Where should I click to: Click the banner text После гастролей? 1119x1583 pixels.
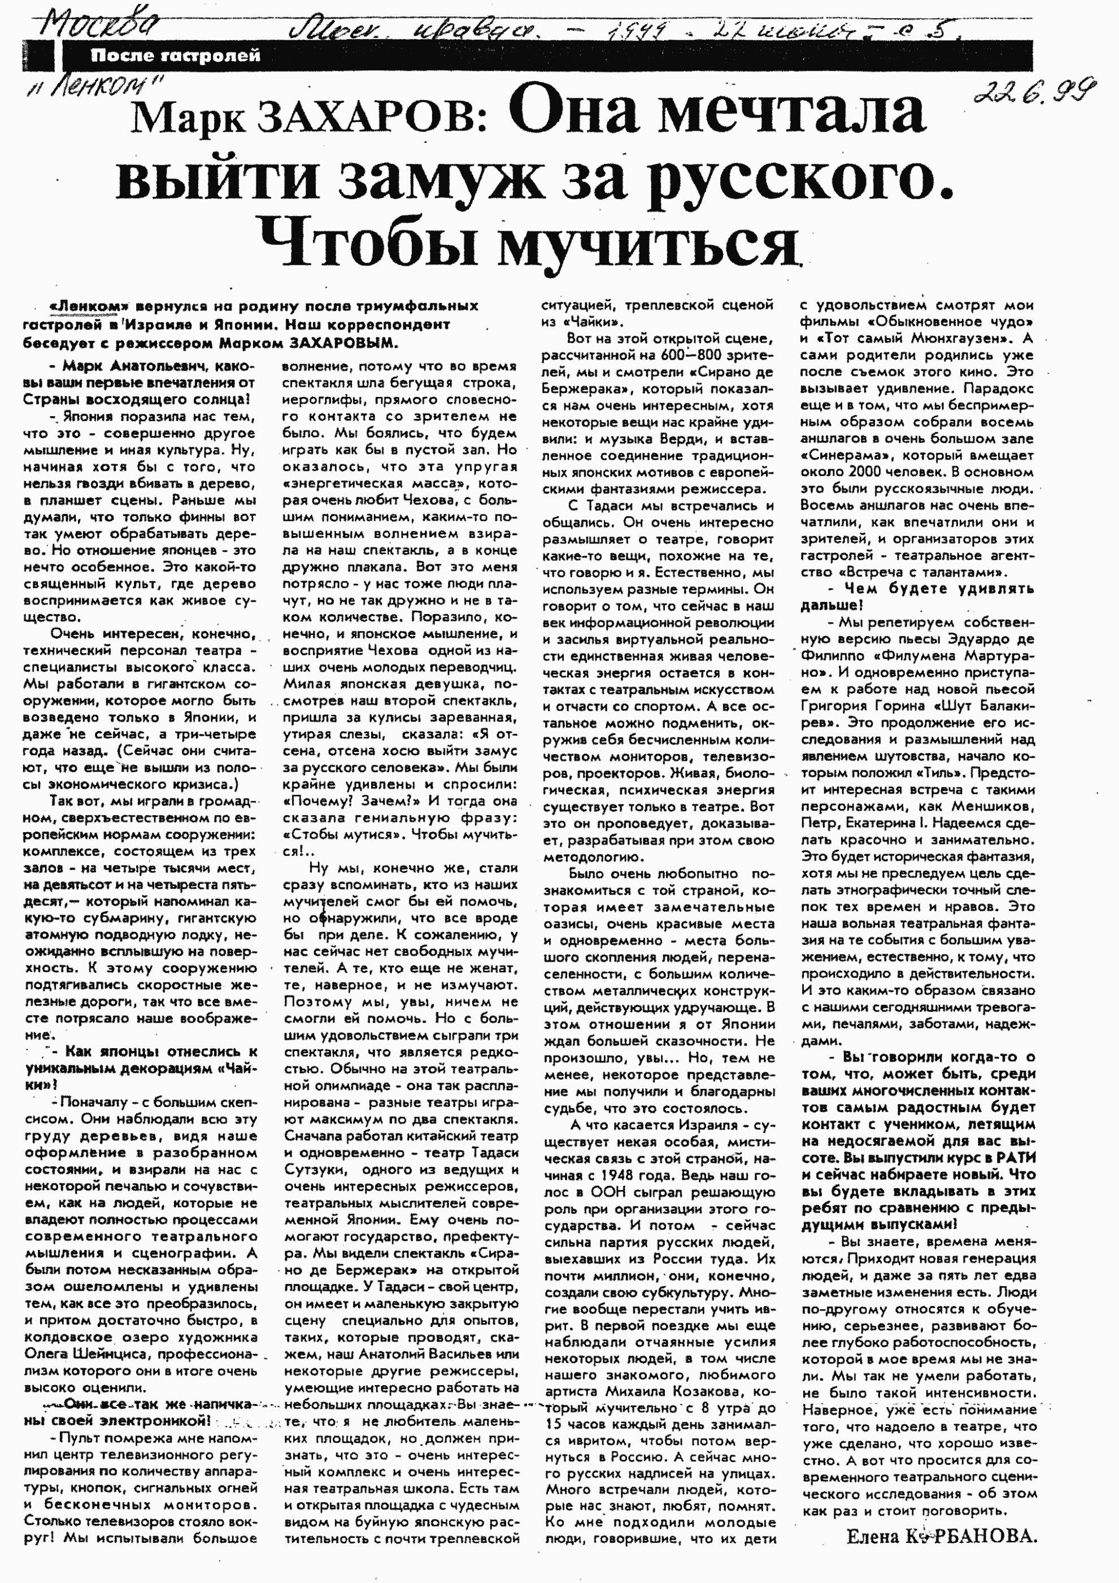click(x=175, y=57)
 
